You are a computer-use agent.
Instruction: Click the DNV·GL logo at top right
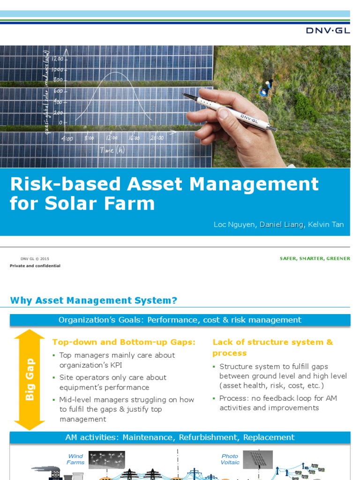(x=328, y=31)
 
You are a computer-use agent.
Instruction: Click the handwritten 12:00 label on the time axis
(x=112, y=138)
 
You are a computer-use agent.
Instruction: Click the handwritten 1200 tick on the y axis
(x=58, y=59)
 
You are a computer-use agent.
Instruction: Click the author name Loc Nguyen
(x=234, y=225)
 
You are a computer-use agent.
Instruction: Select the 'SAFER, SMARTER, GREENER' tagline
(x=315, y=258)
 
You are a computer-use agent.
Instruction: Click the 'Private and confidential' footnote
(x=35, y=266)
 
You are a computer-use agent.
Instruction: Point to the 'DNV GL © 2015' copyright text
(x=35, y=258)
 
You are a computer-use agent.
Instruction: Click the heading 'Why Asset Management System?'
(x=94, y=300)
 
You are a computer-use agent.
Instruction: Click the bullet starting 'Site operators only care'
(x=112, y=382)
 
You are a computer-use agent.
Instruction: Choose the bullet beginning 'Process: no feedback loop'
(x=278, y=403)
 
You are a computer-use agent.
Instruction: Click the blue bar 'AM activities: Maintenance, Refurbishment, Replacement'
(x=180, y=437)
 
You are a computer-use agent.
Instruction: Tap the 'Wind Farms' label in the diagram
(x=75, y=459)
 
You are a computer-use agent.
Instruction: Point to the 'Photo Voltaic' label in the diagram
(x=230, y=459)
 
